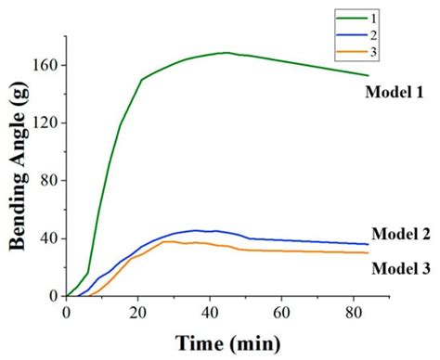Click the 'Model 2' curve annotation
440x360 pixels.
[401, 234]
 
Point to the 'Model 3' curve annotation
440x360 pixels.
[401, 268]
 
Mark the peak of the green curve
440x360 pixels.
[226, 53]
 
